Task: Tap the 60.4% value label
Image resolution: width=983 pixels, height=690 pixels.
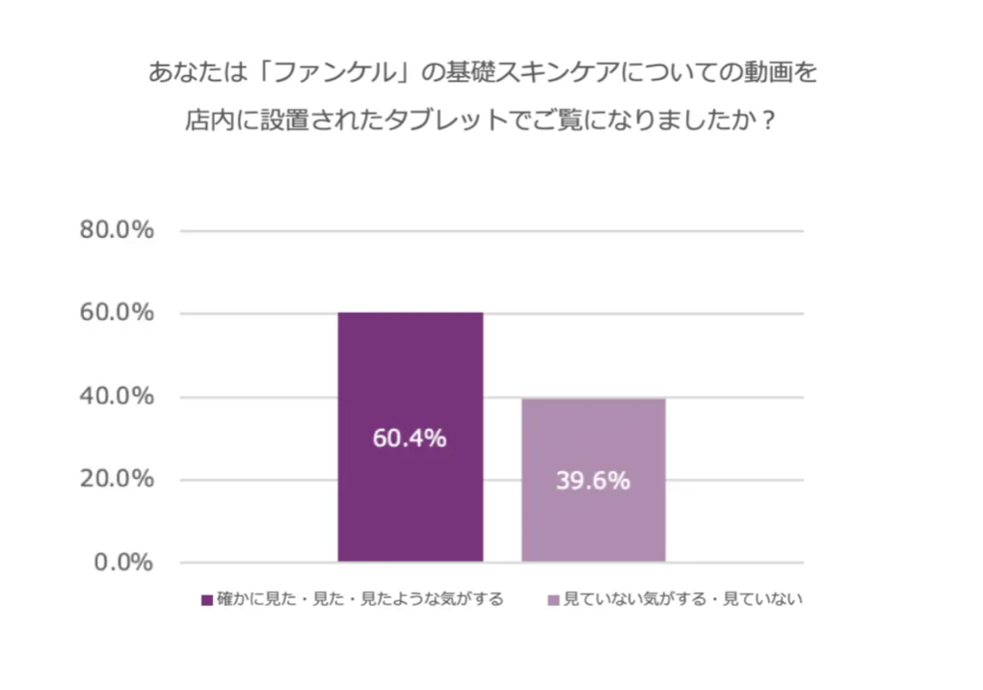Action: coord(410,438)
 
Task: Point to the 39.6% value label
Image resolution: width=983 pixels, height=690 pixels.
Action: coord(593,480)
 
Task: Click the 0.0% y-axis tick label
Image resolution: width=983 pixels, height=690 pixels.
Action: coord(123,563)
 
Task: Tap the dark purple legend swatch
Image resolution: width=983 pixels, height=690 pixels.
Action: coord(206,600)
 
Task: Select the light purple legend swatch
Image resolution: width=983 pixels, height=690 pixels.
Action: coord(553,600)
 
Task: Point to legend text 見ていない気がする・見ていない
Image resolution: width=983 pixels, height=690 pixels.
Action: coord(682,599)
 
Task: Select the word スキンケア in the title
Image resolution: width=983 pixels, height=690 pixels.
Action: coord(558,72)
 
